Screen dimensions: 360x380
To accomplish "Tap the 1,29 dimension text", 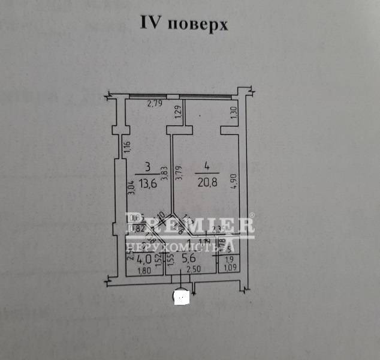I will click(177, 112).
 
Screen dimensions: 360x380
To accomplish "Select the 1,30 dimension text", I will click(233, 111).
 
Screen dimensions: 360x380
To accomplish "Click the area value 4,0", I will click(143, 260).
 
